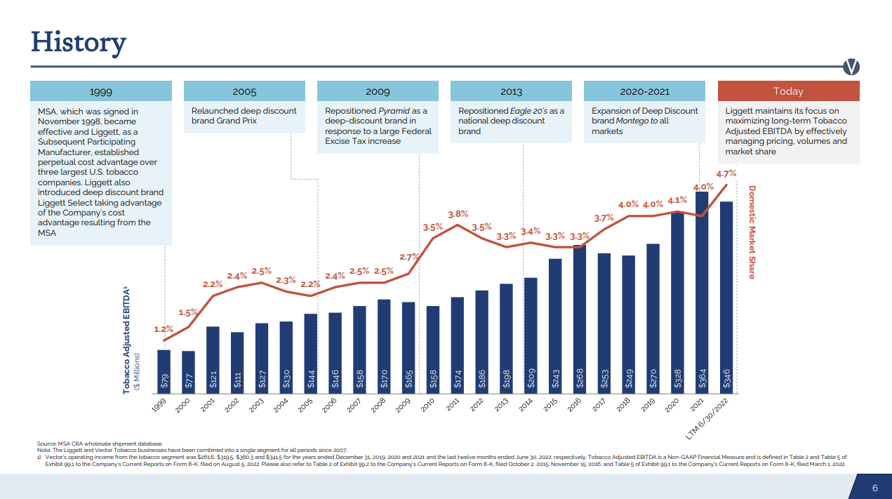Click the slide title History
tap(78, 42)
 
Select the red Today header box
tap(787, 91)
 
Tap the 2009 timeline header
tap(378, 91)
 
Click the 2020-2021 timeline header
tap(644, 91)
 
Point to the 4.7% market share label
tap(726, 173)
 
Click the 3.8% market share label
tap(458, 214)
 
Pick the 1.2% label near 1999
tap(164, 328)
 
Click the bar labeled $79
tap(164, 369)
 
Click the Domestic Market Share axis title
tap(752, 232)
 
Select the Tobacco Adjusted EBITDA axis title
tap(127, 340)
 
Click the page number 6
tap(875, 488)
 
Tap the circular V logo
tap(851, 67)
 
